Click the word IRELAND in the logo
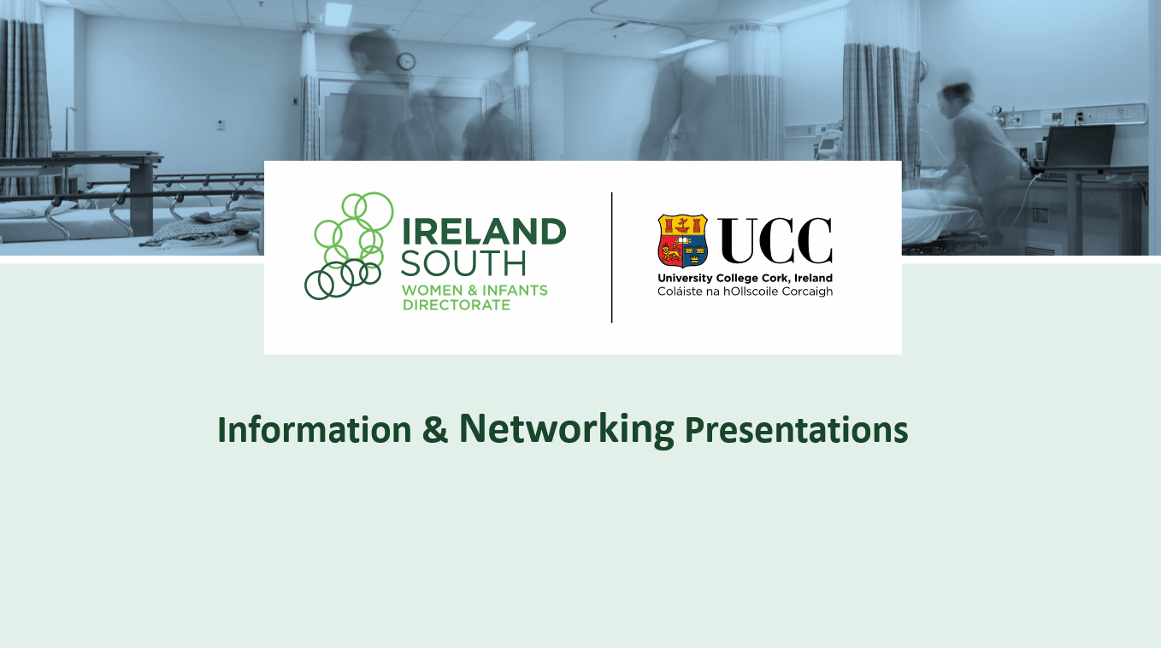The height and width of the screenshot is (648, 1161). (x=484, y=231)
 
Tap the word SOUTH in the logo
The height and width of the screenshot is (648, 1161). (x=464, y=263)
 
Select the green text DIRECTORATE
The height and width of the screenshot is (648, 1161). (x=457, y=305)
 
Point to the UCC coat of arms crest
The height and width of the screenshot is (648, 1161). (x=683, y=240)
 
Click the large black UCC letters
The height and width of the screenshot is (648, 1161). (x=775, y=240)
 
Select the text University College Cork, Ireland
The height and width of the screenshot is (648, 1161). (x=745, y=278)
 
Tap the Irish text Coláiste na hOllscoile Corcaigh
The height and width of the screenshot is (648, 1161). (x=745, y=292)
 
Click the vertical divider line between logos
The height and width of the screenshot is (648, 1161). (x=611, y=257)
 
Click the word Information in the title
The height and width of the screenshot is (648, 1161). (x=315, y=430)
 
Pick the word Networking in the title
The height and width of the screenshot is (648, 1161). (x=567, y=429)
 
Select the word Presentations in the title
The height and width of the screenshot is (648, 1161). (x=796, y=430)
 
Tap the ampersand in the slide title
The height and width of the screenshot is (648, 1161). (x=435, y=430)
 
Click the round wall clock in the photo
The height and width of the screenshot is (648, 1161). (x=406, y=62)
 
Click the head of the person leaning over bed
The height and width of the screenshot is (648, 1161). (x=955, y=97)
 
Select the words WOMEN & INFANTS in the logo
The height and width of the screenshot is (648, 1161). (x=474, y=291)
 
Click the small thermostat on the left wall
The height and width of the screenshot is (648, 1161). (x=220, y=125)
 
